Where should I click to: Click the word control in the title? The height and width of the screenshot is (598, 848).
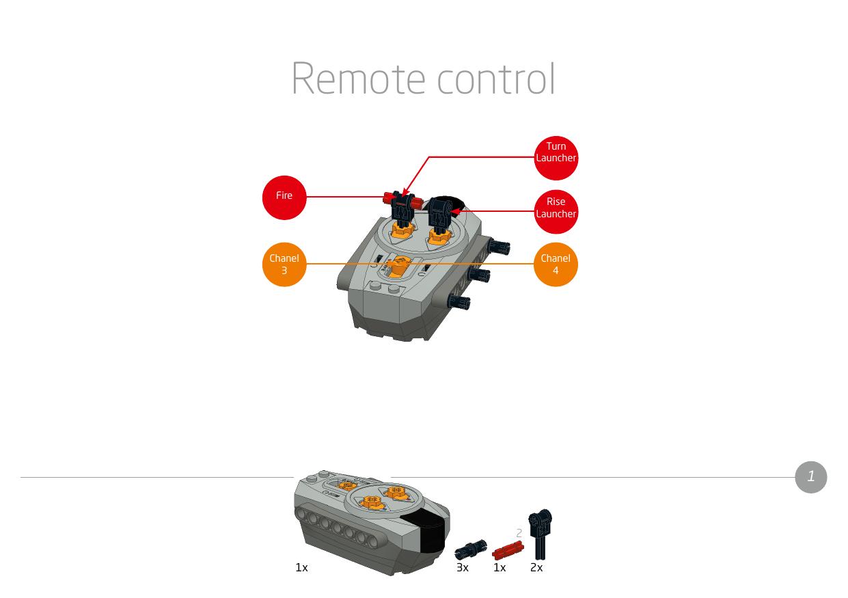click(x=496, y=79)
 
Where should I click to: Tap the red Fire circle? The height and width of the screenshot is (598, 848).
click(x=284, y=197)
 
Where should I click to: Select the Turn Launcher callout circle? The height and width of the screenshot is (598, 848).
click(x=556, y=158)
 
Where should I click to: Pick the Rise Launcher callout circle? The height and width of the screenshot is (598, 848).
click(x=556, y=212)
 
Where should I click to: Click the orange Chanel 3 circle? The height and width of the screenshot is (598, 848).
click(x=284, y=264)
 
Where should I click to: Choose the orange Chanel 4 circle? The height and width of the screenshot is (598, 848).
click(x=556, y=264)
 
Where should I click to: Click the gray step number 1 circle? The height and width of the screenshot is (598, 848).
click(x=811, y=476)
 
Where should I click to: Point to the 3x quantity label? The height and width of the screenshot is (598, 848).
click(x=463, y=568)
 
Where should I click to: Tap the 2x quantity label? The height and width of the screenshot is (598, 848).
click(x=536, y=568)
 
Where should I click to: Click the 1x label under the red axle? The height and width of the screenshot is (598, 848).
click(x=500, y=568)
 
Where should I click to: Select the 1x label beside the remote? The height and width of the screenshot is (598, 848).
click(x=301, y=568)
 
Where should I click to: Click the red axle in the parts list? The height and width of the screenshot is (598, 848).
click(x=507, y=550)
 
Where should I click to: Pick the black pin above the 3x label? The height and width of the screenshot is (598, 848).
click(x=470, y=549)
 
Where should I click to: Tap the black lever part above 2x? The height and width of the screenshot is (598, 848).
click(x=541, y=533)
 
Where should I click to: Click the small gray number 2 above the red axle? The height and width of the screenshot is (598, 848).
click(x=519, y=533)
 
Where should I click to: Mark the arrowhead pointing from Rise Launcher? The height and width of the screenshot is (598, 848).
click(x=454, y=212)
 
